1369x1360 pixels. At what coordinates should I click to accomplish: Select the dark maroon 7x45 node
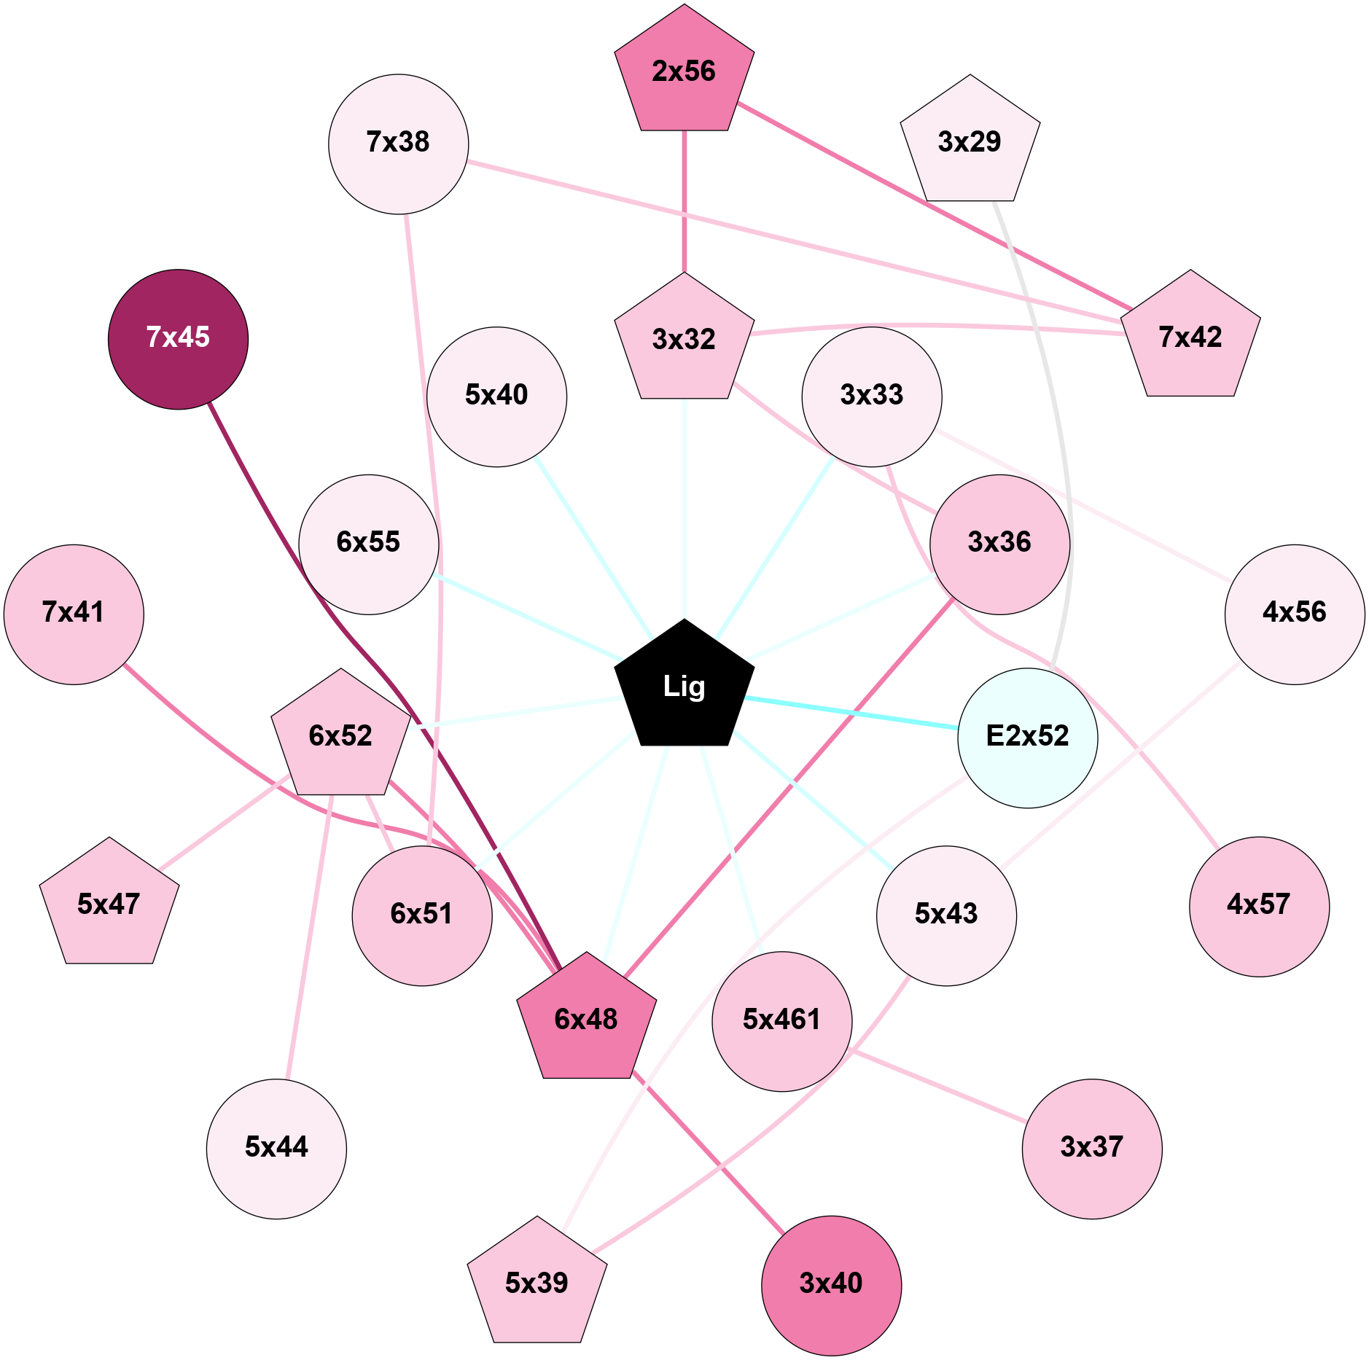point(178,339)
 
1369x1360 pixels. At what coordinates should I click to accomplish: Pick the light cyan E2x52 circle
point(1027,737)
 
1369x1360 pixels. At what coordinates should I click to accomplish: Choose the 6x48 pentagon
point(586,1019)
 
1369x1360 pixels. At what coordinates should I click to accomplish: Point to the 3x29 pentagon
point(970,141)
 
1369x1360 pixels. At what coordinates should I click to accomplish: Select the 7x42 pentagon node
point(1190,337)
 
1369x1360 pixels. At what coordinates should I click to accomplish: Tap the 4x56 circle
point(1294,614)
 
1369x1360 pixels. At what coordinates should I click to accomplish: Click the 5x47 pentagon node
point(109,904)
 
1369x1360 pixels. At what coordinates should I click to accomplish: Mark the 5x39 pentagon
point(537,1283)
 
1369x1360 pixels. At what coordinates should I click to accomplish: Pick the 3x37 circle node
point(1091,1148)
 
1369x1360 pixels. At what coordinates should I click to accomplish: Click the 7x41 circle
point(74,614)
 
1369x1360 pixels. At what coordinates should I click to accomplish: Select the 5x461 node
point(781,1020)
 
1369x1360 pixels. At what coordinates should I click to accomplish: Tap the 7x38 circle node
point(398,144)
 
